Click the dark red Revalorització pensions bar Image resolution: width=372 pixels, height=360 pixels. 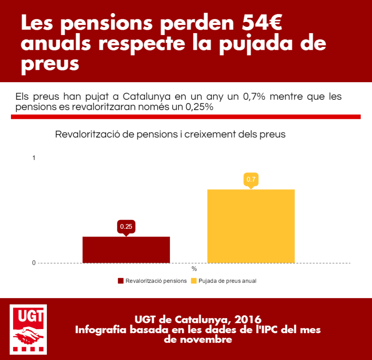126,250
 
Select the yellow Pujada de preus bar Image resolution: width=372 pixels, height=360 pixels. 251,226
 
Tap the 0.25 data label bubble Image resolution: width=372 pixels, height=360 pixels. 126,227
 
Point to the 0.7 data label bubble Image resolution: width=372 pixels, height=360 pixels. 251,180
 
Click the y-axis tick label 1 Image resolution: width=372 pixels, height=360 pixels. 34,158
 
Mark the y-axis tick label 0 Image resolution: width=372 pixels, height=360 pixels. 34,263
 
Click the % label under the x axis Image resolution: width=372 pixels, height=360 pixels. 194,269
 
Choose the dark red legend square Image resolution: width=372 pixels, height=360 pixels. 121,281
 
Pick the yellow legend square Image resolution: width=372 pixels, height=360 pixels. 194,281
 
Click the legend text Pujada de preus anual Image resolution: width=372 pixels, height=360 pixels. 227,281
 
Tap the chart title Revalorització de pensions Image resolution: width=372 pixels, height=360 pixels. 117,135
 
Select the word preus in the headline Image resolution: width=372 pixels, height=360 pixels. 50,65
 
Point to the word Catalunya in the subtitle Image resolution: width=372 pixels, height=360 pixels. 147,97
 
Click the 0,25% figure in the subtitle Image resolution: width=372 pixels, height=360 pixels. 199,107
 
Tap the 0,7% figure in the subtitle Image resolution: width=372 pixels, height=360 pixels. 254,97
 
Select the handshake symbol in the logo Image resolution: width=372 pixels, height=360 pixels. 28,335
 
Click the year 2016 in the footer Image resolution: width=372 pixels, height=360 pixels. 248,320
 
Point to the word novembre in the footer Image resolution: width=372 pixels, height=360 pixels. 198,340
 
